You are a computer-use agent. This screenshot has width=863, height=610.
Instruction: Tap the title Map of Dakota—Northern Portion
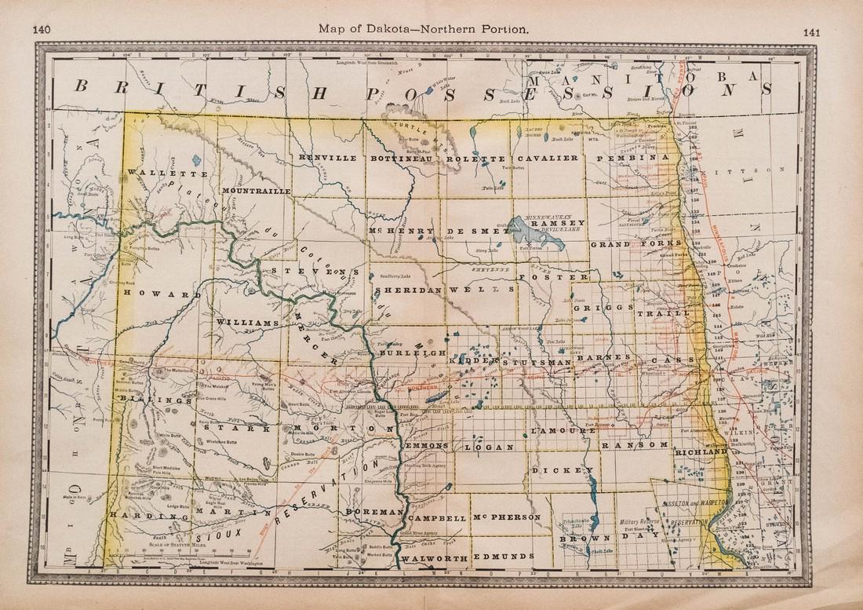click(425, 28)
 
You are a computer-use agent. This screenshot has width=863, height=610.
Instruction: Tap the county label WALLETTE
click(166, 173)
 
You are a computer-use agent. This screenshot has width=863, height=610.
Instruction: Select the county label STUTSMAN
click(538, 362)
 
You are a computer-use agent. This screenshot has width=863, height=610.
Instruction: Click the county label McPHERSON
click(507, 518)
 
